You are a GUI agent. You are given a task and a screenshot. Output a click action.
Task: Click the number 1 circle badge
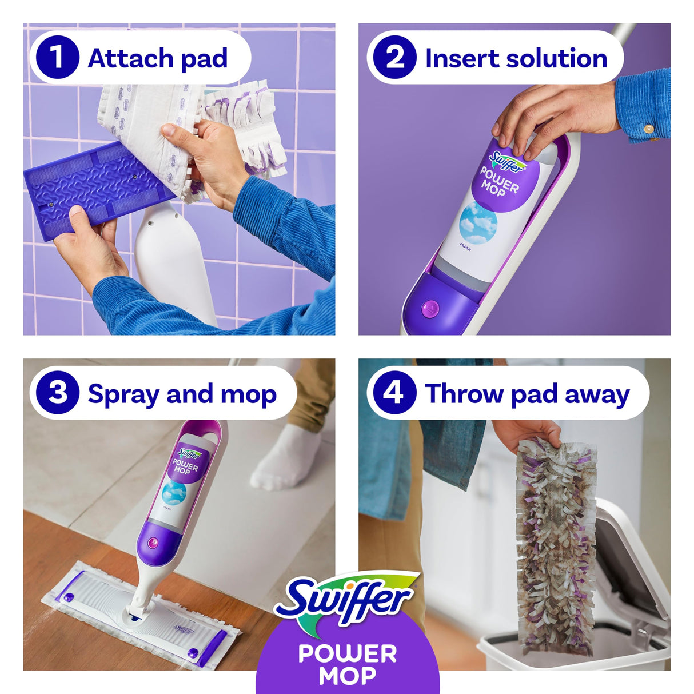pos(57,58)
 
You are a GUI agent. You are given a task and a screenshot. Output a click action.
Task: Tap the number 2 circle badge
pos(394,58)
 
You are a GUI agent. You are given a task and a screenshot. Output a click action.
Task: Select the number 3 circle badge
pos(57,393)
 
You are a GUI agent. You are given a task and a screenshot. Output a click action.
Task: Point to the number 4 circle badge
pos(394,393)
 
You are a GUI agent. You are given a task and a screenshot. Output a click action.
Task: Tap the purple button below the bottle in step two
pos(430,309)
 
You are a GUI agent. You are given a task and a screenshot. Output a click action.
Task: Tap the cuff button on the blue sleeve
pos(648,129)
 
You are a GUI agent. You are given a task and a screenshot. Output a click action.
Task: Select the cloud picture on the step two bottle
pos(478,223)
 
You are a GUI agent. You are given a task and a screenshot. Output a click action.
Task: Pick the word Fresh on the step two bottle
pos(465,248)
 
